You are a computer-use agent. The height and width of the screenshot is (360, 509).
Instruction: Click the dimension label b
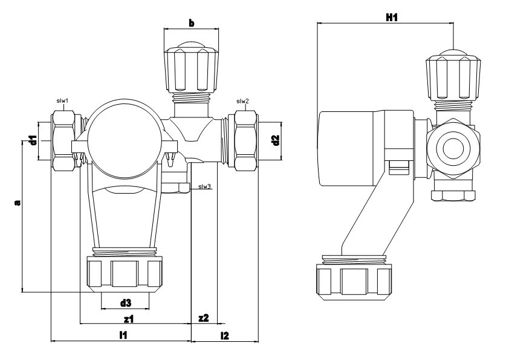[x=192, y=23]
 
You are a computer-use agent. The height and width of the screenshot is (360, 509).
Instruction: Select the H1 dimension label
[x=392, y=17]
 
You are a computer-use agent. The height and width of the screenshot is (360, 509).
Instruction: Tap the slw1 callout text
[x=62, y=100]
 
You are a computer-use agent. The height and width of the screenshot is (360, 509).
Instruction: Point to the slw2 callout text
[x=242, y=101]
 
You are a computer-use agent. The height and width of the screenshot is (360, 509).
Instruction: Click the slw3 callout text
[x=205, y=186]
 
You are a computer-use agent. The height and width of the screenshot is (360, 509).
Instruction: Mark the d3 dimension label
[x=126, y=303]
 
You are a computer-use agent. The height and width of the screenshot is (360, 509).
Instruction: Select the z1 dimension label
[x=129, y=319]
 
